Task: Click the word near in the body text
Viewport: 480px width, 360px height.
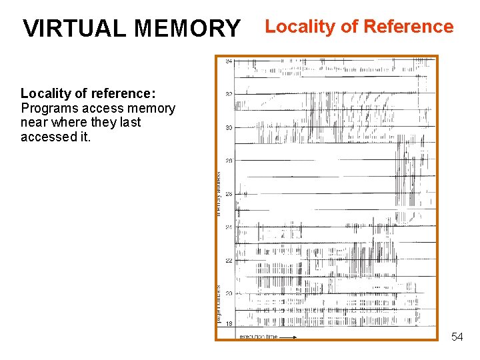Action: coord(35,122)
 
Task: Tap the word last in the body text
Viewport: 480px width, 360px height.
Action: coord(129,122)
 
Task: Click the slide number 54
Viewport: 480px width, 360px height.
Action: coord(457,337)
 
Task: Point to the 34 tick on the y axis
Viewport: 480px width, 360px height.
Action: coord(229,61)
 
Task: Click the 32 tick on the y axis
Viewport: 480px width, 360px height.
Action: coord(229,94)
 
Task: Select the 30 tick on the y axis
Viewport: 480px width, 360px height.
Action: coord(229,127)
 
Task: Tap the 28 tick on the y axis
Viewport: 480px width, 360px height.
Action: coord(229,161)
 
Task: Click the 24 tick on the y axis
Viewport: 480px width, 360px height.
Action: coord(229,227)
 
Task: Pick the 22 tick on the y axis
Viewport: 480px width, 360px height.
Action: coord(229,261)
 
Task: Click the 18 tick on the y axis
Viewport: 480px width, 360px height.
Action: coord(229,324)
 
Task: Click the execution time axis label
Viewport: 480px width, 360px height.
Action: coord(258,337)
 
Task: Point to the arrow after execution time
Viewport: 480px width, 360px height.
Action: coord(287,337)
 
